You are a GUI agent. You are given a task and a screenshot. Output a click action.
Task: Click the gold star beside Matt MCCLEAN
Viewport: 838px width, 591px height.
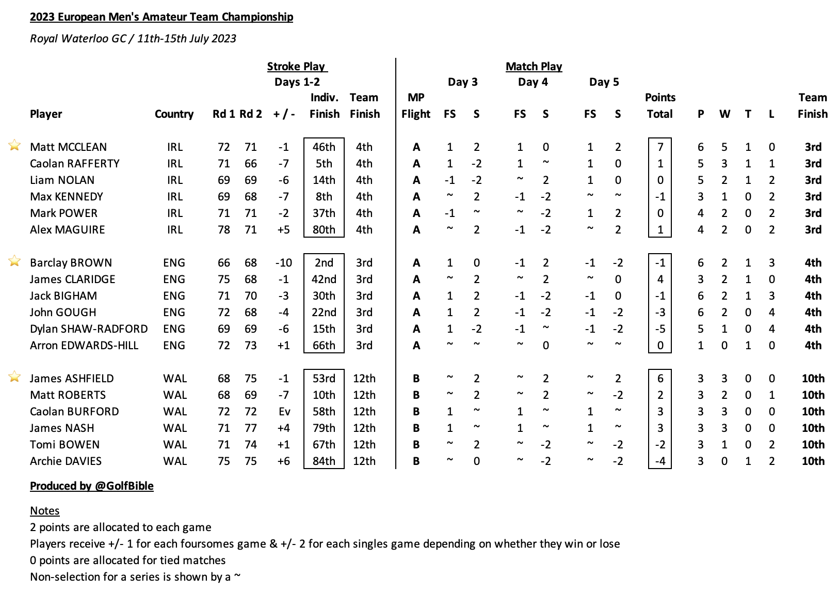[x=14, y=145]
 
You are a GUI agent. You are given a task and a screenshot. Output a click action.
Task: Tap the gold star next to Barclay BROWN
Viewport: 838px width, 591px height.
[x=14, y=261]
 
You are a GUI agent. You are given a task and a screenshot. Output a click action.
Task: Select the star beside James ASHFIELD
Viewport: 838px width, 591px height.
[x=14, y=377]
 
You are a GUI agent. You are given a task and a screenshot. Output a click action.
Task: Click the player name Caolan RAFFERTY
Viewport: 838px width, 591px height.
[x=74, y=164]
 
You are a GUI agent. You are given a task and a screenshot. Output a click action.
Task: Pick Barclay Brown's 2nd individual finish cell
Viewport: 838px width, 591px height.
[x=324, y=263]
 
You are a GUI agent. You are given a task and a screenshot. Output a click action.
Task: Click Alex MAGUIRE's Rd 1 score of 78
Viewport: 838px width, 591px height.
[x=224, y=230]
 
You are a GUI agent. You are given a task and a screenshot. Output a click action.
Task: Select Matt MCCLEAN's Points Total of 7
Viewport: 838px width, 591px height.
[x=660, y=147]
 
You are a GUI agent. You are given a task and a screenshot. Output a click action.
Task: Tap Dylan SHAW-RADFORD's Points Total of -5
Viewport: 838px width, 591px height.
[x=660, y=329]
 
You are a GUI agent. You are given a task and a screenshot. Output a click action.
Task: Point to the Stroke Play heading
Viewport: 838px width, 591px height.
[x=297, y=67]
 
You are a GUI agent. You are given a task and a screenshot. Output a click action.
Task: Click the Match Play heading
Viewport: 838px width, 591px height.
[x=534, y=67]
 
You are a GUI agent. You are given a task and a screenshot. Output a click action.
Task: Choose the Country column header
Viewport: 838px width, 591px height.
[x=174, y=114]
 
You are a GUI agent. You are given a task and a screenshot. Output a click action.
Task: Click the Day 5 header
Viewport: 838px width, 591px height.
[x=604, y=82]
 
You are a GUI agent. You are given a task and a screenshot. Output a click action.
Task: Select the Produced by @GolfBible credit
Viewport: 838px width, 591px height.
[x=92, y=486]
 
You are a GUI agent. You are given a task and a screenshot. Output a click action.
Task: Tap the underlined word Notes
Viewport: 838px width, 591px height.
[x=45, y=511]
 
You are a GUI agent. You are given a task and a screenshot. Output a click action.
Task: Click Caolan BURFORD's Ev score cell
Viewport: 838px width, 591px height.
[x=284, y=412]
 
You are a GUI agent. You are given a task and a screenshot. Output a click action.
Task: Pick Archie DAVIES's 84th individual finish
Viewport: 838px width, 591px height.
[x=324, y=461]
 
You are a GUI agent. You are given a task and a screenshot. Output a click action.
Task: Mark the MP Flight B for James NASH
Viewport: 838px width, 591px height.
[x=416, y=428]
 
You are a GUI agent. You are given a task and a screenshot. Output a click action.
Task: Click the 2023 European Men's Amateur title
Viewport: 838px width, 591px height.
[x=162, y=17]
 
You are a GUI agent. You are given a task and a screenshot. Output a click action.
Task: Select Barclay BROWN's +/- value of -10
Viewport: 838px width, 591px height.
[x=284, y=263]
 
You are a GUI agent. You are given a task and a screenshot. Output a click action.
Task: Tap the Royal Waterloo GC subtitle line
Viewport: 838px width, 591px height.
[x=133, y=39]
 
